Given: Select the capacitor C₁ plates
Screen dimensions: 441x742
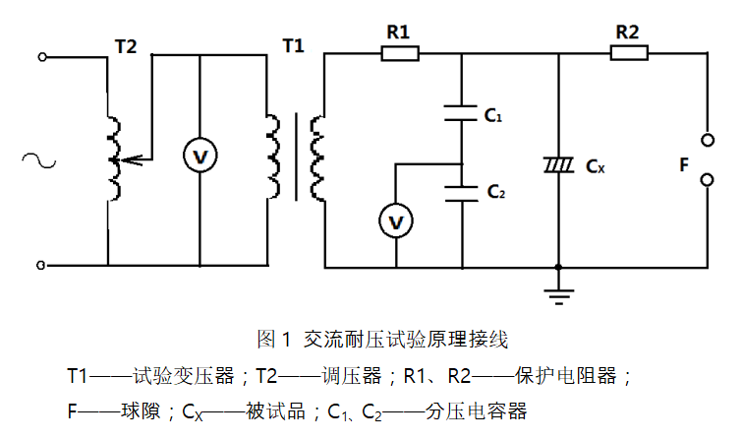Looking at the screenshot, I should pyautogui.click(x=461, y=112).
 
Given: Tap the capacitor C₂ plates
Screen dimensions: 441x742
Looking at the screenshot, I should pyautogui.click(x=461, y=190).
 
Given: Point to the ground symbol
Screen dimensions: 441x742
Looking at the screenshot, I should pyautogui.click(x=558, y=286).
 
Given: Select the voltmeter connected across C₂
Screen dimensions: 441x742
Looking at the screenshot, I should pyautogui.click(x=395, y=223).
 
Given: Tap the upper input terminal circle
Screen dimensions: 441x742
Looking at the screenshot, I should pyautogui.click(x=42, y=57).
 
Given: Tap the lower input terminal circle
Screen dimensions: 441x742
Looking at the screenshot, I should pyautogui.click(x=42, y=266).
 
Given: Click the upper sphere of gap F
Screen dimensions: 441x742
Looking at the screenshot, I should pyautogui.click(x=706, y=137).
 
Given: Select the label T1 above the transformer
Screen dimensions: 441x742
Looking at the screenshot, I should pyautogui.click(x=293, y=45).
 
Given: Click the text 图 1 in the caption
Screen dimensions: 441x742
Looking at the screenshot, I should pyautogui.click(x=274, y=341).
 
